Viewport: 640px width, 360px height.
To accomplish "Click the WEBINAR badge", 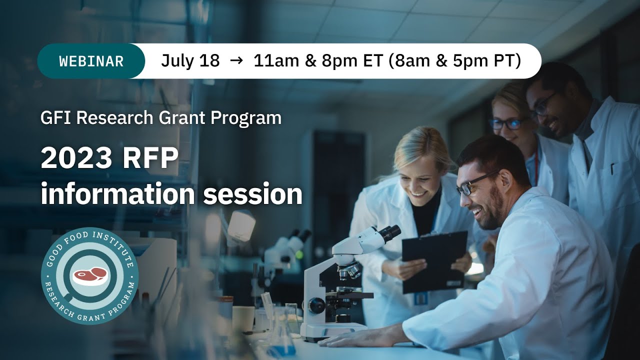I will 91,61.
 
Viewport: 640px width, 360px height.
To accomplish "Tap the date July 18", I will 190,61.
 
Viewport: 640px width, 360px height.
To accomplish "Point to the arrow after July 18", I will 236,61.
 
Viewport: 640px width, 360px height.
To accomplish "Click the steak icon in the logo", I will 90,275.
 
